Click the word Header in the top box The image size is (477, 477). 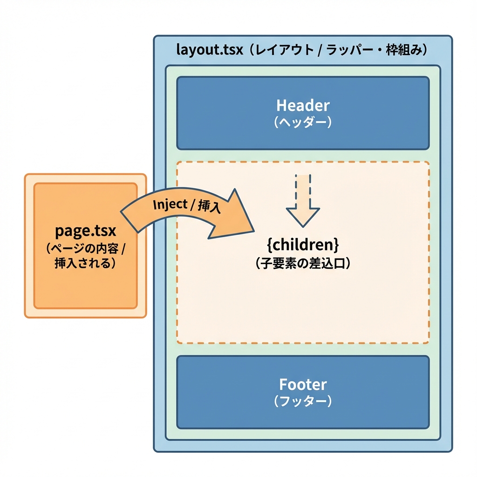click(302, 105)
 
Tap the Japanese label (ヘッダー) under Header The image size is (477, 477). click(302, 122)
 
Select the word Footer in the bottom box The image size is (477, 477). click(303, 384)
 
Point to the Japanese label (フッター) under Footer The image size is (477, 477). click(303, 401)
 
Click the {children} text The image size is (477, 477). click(303, 245)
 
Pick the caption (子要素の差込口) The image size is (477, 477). click(303, 263)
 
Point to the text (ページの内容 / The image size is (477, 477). click(86, 248)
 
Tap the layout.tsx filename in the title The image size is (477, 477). click(210, 50)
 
